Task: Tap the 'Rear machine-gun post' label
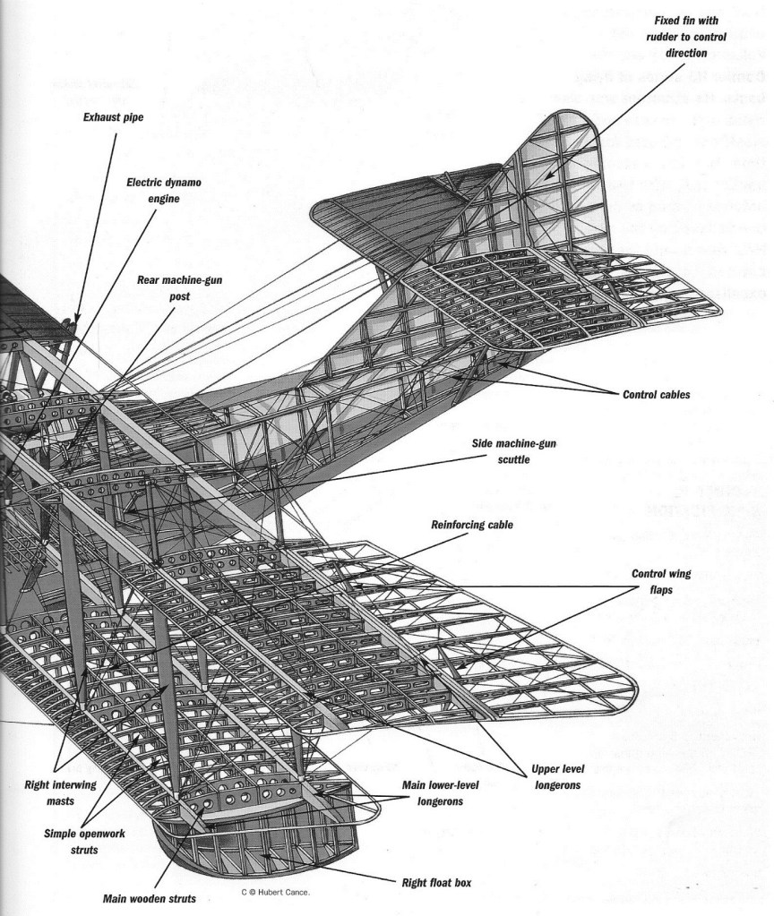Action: click(179, 287)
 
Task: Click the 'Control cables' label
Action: click(656, 393)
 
